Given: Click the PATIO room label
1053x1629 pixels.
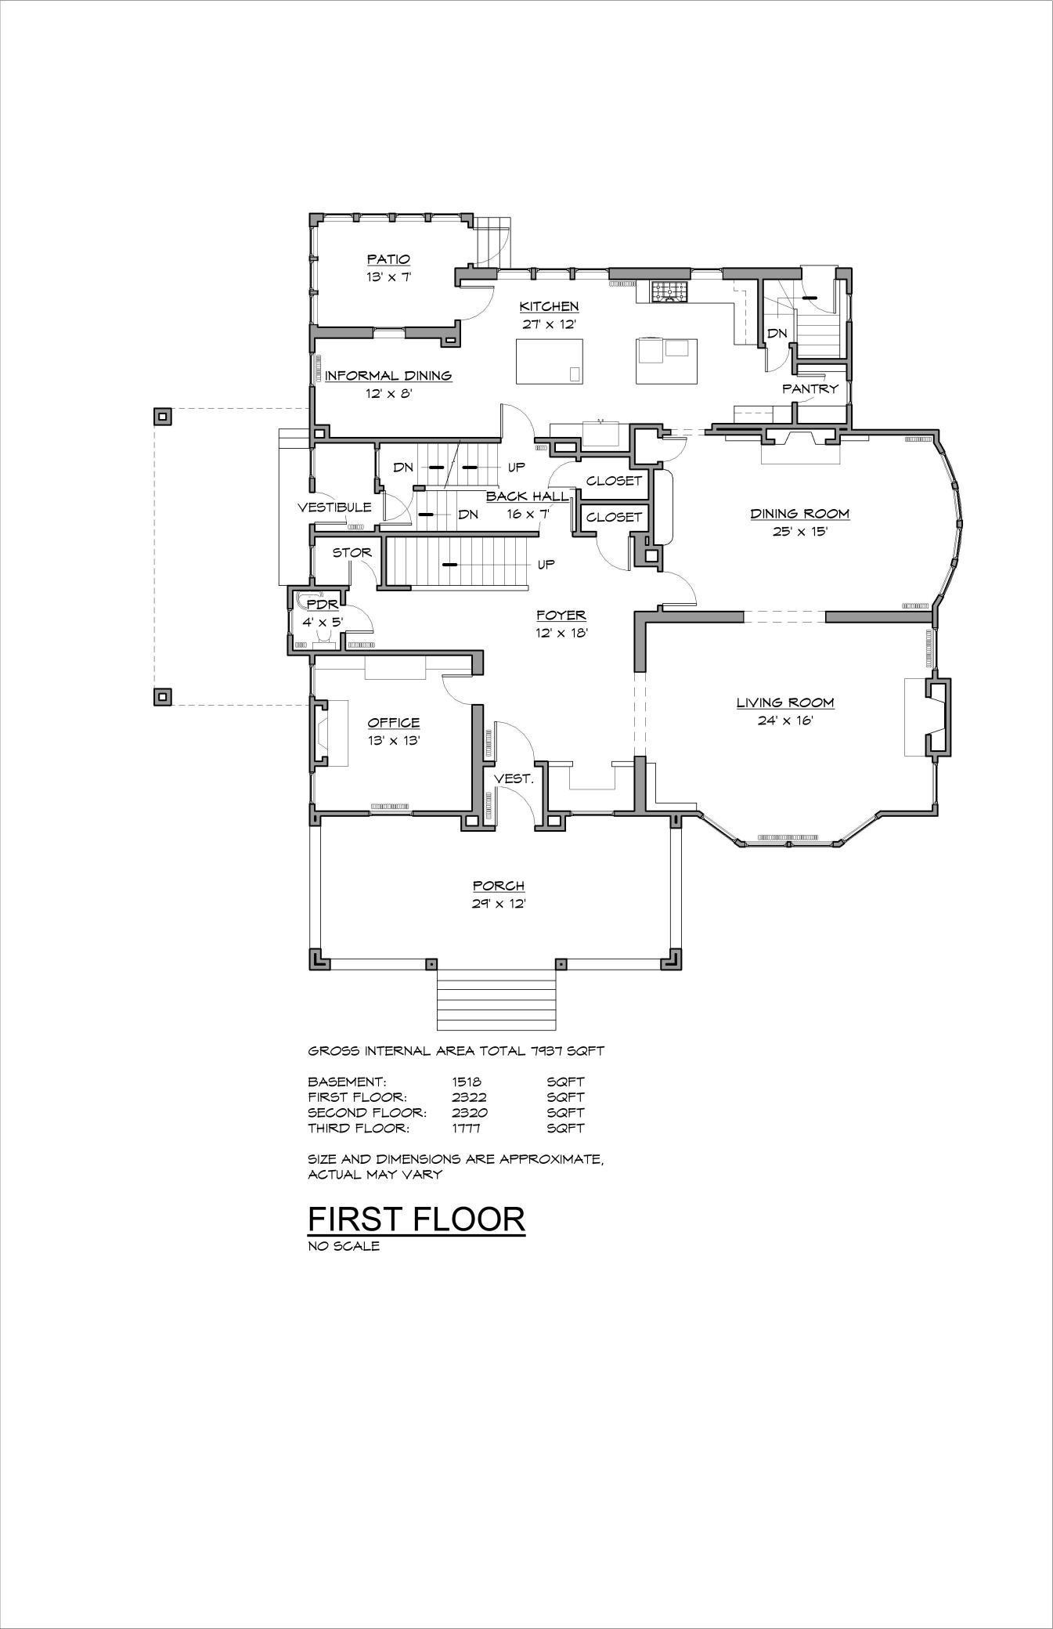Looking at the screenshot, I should point(388,259).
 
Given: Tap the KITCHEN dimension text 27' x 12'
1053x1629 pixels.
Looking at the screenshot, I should point(549,324).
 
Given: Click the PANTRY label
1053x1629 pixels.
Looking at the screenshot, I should point(810,388).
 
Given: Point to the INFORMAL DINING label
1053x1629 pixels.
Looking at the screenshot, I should point(388,376).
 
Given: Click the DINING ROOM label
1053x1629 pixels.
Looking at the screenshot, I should point(799,514).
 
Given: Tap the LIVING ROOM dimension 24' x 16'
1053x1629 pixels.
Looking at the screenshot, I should point(784,721).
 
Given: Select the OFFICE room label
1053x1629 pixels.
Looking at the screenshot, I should point(394,722).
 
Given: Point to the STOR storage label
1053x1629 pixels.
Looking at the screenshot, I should point(352,552).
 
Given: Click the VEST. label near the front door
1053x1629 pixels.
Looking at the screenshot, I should point(514,779).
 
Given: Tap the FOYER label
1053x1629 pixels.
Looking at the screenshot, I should point(561,616).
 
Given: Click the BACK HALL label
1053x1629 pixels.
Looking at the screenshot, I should point(527,497).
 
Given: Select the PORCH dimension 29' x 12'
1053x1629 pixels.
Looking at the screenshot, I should point(498,904).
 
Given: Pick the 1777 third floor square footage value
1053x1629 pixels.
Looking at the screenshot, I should point(467,1128).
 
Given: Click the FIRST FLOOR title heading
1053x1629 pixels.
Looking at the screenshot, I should point(416,1219).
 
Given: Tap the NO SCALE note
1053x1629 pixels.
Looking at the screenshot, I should point(344,1246).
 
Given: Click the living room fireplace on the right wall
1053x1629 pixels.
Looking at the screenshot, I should point(936,717).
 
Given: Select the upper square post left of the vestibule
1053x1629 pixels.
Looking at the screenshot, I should point(162,416).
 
